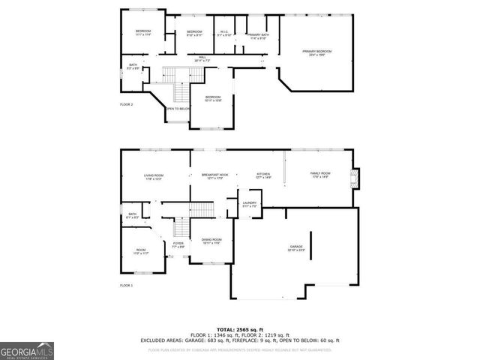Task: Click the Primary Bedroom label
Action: (316, 52)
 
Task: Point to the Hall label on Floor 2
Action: (202, 58)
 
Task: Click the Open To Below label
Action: (178, 109)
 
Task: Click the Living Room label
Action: (154, 177)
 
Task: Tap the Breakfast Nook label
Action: (214, 176)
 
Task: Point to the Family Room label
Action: (320, 175)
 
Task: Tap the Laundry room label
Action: (250, 204)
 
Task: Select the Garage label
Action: (296, 248)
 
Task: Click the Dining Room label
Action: (211, 241)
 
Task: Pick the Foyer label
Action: (178, 244)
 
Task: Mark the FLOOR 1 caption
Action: (127, 286)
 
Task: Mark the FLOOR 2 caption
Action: (127, 104)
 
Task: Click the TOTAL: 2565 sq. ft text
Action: (239, 329)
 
